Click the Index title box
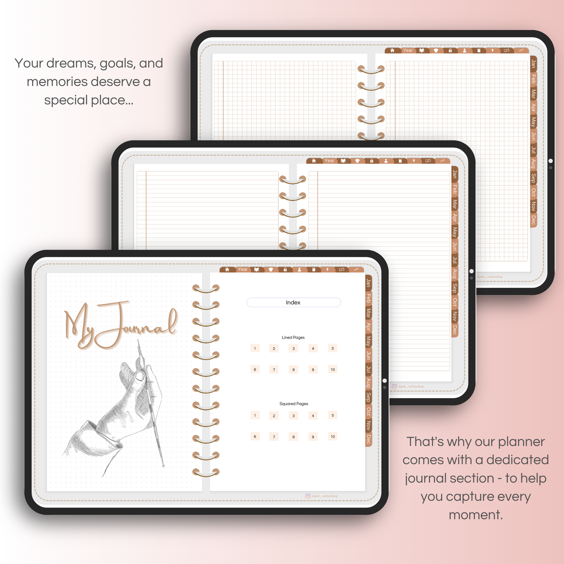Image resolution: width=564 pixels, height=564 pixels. (294, 303)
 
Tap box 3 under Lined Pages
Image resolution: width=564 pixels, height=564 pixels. (294, 349)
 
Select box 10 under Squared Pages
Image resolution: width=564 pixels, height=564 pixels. (333, 437)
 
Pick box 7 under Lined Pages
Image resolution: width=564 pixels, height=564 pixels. (274, 370)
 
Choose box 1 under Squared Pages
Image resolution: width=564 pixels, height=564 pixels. (255, 415)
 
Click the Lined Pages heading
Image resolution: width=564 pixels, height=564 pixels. (293, 338)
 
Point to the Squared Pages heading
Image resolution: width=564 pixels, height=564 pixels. (294, 404)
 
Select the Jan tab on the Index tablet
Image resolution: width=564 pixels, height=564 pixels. (368, 283)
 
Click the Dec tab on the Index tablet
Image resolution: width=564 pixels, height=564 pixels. (368, 439)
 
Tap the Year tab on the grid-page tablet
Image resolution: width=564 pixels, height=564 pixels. (408, 50)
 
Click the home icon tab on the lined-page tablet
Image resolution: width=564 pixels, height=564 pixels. (314, 161)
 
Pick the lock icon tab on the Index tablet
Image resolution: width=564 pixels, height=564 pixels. (285, 270)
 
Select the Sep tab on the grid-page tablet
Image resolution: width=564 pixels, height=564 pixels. (533, 178)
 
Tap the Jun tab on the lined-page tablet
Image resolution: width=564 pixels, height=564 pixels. (455, 246)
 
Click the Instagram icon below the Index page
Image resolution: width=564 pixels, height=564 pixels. (308, 496)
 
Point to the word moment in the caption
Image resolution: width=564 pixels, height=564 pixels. (475, 515)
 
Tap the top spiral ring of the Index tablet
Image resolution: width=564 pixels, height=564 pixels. (206, 289)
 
